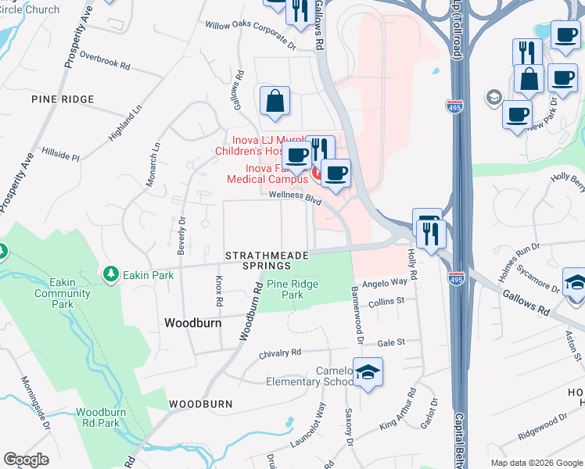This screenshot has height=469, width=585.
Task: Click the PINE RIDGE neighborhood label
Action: [63, 99]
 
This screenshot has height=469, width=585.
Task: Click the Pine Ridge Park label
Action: [292, 290]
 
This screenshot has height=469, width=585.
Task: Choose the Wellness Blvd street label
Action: [296, 199]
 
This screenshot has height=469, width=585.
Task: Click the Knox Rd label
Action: [219, 290]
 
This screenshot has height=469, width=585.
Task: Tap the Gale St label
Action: [391, 342]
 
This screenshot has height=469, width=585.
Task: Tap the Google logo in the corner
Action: [27, 460]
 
